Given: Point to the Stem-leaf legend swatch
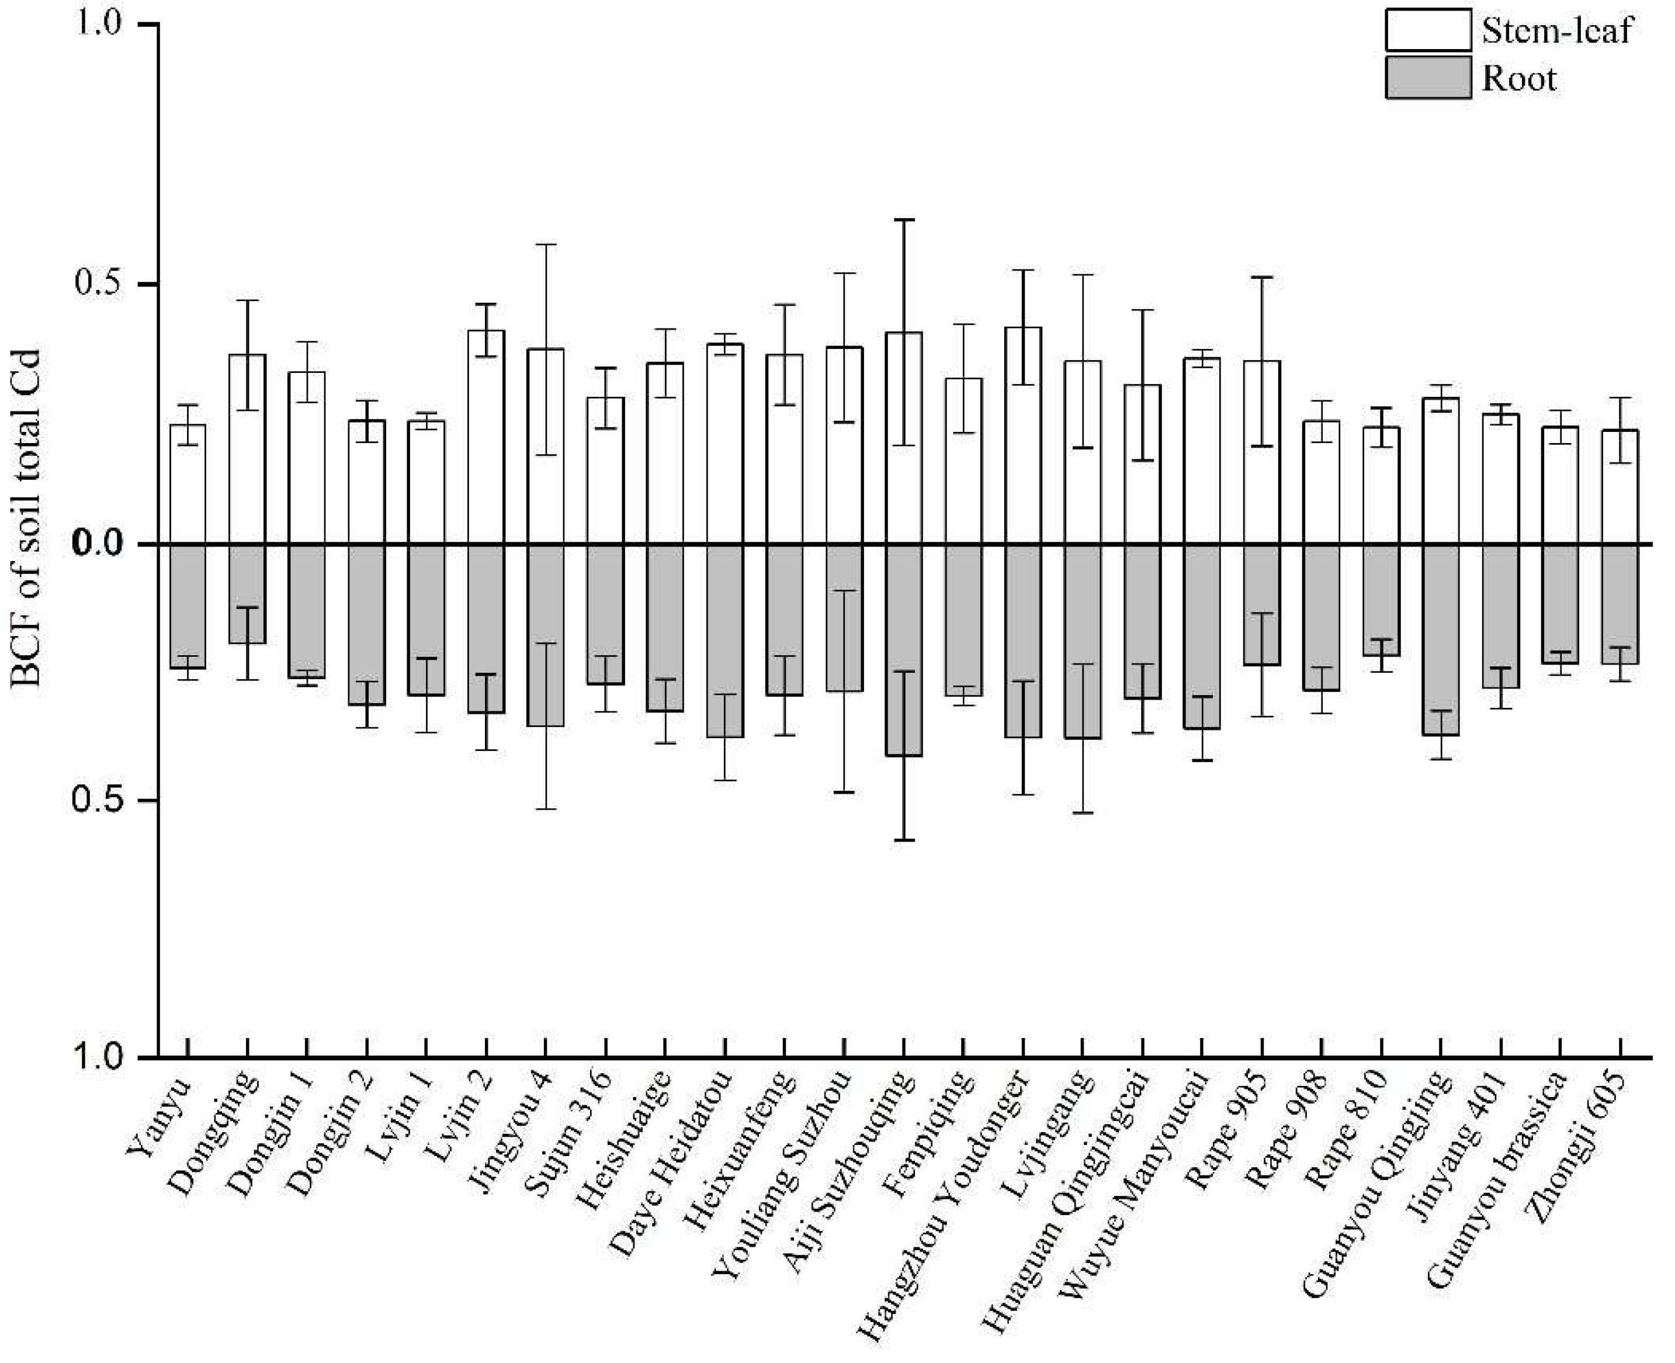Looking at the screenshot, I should pyautogui.click(x=1428, y=30).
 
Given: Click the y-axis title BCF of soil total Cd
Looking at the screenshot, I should pyautogui.click(x=27, y=518).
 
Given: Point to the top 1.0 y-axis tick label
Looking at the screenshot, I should pyautogui.click(x=98, y=23).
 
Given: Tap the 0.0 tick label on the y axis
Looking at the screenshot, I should pyautogui.click(x=98, y=544).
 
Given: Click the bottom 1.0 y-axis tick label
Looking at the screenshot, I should pyautogui.click(x=98, y=1057).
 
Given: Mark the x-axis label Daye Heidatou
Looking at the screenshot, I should pyautogui.click(x=671, y=1162).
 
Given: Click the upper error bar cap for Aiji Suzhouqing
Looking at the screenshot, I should pyautogui.click(x=904, y=220).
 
